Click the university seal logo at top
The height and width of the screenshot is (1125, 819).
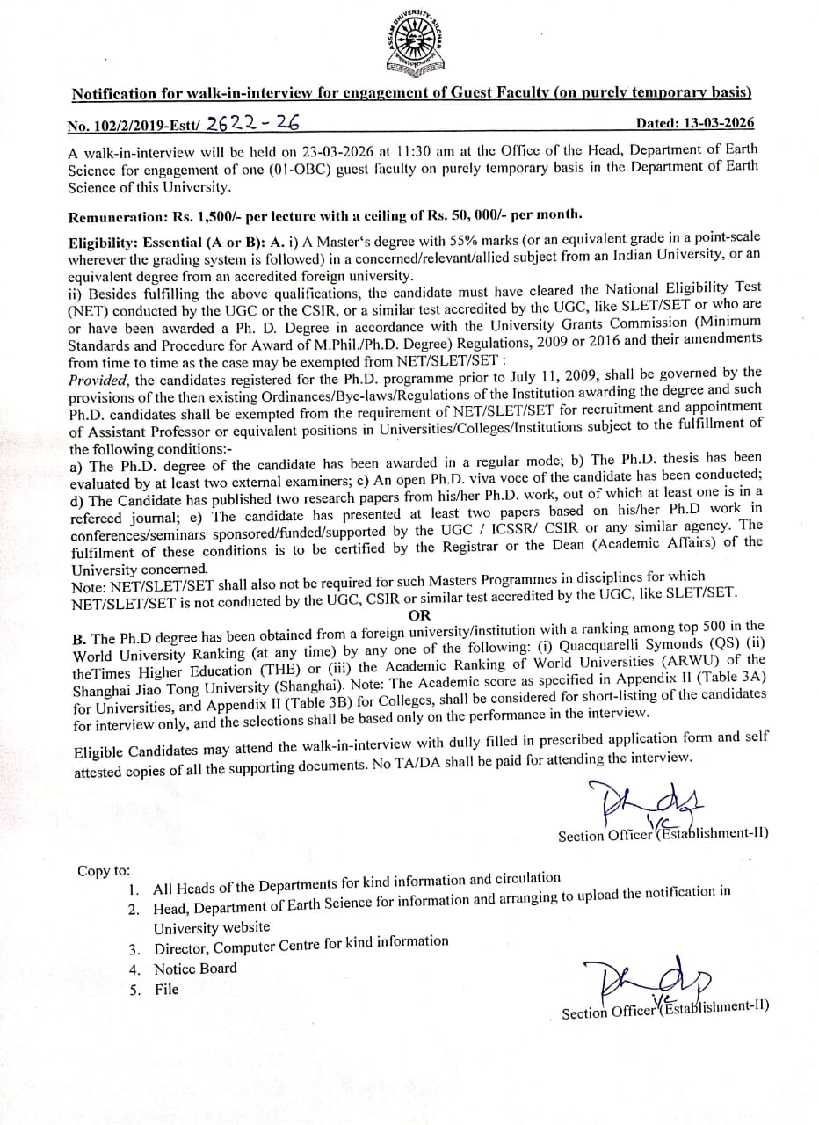click(x=409, y=44)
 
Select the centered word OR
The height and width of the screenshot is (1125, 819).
click(x=420, y=615)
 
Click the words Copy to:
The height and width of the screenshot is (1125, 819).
click(x=103, y=871)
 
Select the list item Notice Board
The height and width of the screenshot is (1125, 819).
click(x=195, y=969)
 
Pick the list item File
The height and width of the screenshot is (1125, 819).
click(x=166, y=989)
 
